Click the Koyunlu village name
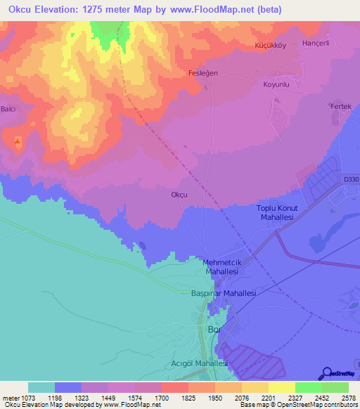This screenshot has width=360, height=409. tap(276, 84)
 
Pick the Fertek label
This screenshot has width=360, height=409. tap(340, 106)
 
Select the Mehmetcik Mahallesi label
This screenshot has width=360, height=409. tap(222, 266)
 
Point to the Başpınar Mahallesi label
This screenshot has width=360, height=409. tap(224, 293)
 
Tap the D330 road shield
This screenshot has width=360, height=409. tap(352, 180)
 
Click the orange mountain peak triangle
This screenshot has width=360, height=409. tap(18, 141)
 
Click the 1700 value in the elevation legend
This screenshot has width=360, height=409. tap(162, 397)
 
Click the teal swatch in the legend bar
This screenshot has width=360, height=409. tap(41, 387)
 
